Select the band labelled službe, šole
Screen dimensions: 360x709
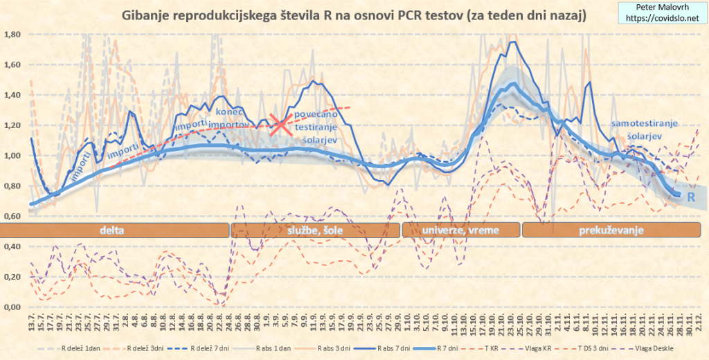(x=316, y=230)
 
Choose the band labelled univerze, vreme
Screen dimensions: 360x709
(x=460, y=230)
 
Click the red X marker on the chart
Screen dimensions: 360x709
(x=280, y=125)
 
